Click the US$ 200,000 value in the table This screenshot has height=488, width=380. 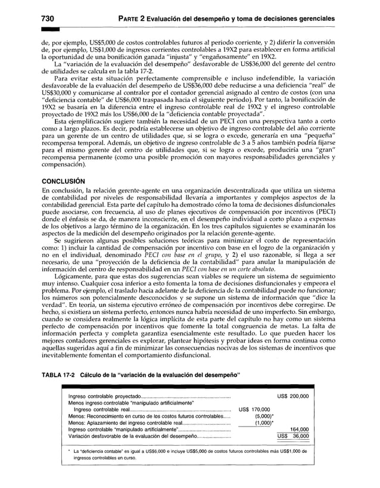tap(293, 396)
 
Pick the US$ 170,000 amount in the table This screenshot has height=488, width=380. tap(254, 409)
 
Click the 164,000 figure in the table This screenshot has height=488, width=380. tap(298, 429)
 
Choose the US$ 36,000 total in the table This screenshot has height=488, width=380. tap(293, 436)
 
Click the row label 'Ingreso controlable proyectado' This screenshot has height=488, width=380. tap(104, 396)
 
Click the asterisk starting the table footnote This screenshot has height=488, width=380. tap(70, 451)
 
